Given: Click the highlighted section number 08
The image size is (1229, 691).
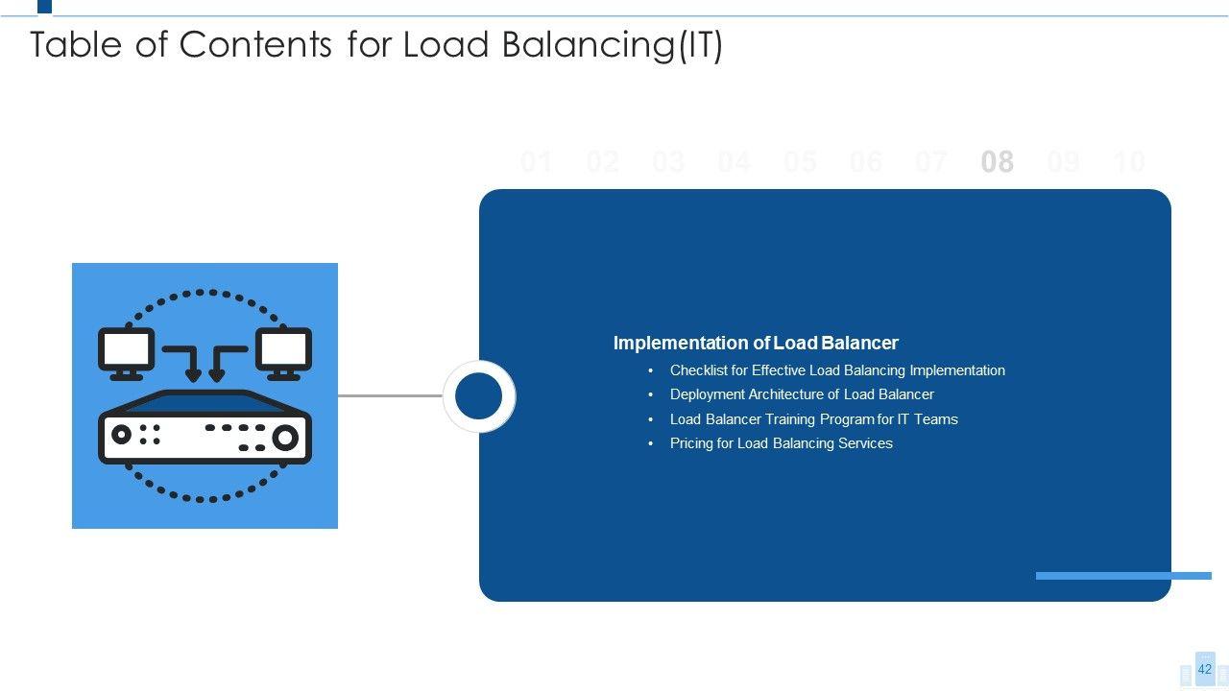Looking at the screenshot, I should click(997, 162).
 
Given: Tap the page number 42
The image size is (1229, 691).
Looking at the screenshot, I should click(1204, 669).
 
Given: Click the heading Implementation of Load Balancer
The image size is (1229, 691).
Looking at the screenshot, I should click(756, 343).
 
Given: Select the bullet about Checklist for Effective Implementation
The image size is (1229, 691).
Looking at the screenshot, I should click(837, 370).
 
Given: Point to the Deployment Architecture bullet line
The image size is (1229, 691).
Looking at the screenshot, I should click(802, 394).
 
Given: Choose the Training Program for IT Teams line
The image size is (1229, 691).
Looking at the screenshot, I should click(813, 419).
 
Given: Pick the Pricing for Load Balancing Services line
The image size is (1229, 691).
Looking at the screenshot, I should click(781, 443).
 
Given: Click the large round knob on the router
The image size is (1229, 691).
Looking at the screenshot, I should click(285, 438).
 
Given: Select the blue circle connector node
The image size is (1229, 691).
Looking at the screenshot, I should click(478, 396).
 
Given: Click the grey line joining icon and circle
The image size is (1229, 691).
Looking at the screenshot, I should click(390, 395).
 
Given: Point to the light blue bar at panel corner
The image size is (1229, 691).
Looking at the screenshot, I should click(1123, 576).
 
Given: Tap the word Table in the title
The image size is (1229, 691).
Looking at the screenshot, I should click(77, 45).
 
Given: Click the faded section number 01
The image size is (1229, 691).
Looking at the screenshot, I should click(536, 162).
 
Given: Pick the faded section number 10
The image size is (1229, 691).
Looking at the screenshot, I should click(1129, 162).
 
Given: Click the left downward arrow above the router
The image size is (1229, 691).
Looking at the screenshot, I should click(193, 365).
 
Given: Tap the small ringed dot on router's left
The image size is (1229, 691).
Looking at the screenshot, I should click(121, 434).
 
